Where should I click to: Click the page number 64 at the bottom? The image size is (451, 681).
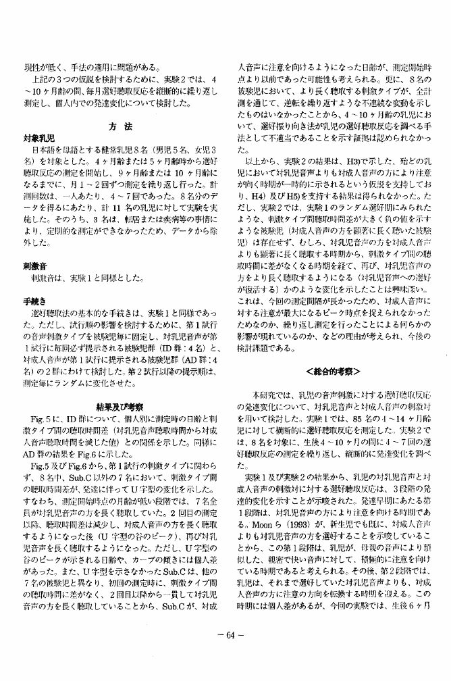pyautogui.click(x=226, y=653)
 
